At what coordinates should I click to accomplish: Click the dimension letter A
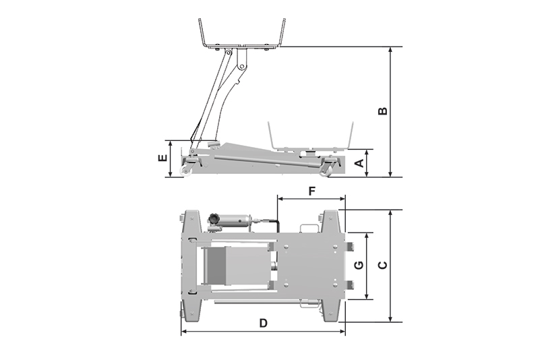[359, 163]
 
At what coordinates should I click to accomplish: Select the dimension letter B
[383, 111]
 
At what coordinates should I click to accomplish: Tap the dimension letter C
[383, 265]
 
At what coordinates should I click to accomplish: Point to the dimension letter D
[263, 323]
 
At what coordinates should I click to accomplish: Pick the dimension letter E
[162, 158]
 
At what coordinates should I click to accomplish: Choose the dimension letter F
[311, 191]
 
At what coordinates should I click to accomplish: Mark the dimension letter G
[359, 265]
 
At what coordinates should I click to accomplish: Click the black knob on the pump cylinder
[212, 218]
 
